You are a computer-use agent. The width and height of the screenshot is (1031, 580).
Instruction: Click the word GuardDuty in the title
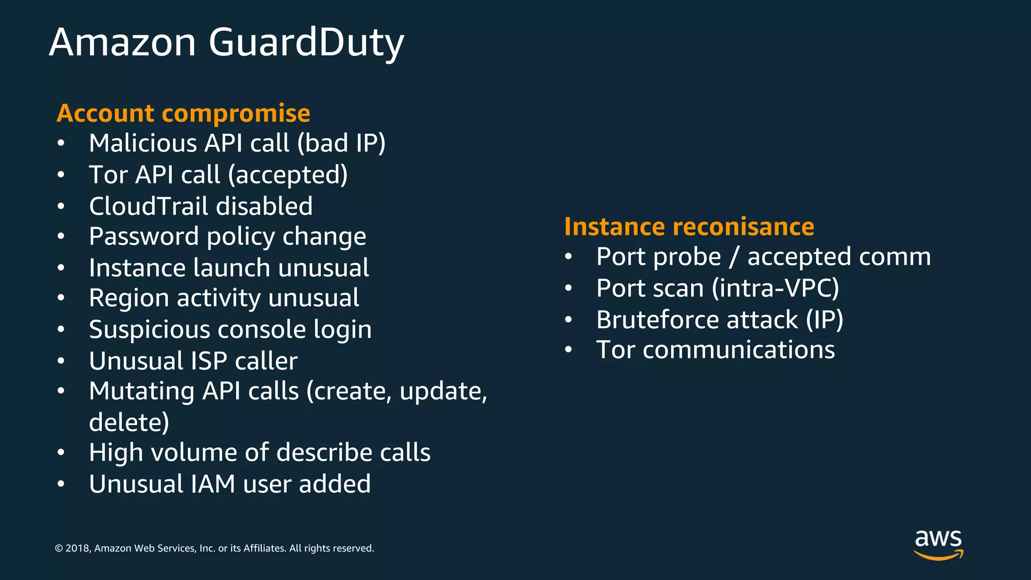tap(306, 43)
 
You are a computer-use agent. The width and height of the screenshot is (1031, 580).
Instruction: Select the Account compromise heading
tap(183, 113)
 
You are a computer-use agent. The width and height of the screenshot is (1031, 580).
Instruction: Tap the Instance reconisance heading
tap(689, 227)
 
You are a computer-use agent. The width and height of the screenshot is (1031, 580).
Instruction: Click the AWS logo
tap(938, 544)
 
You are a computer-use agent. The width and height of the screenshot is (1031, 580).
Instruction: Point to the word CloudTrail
tap(149, 206)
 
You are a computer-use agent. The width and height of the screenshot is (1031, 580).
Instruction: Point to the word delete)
tap(129, 422)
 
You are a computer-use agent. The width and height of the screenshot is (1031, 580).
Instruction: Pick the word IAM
tap(213, 484)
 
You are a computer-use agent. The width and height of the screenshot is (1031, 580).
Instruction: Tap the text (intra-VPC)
tap(775, 288)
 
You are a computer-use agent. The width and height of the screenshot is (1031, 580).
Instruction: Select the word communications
tap(739, 350)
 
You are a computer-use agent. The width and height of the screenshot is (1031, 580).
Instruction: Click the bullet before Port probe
tap(568, 257)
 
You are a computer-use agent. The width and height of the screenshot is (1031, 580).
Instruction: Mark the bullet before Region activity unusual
tap(61, 298)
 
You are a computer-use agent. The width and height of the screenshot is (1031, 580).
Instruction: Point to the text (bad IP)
tap(341, 143)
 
